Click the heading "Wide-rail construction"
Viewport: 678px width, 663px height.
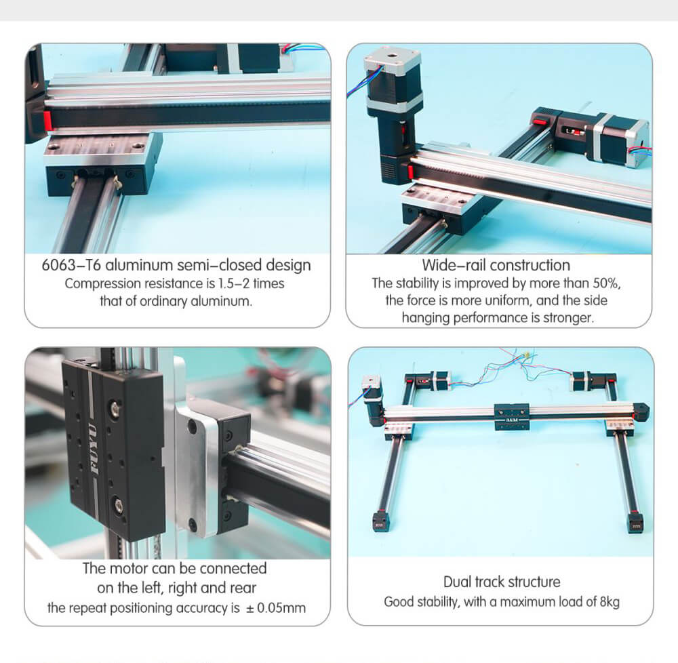click(496, 265)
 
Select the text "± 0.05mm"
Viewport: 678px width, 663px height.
click(276, 608)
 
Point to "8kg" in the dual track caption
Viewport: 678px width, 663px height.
click(610, 602)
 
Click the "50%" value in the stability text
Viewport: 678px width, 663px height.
click(607, 283)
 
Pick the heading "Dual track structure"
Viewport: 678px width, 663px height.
click(502, 582)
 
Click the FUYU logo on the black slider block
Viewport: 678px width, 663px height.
click(93, 449)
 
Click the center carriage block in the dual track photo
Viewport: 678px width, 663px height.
click(512, 417)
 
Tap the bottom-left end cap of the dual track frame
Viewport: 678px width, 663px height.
click(380, 521)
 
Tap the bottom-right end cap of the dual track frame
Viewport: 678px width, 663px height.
click(635, 522)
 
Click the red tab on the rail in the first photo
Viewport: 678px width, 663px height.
click(47, 121)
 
